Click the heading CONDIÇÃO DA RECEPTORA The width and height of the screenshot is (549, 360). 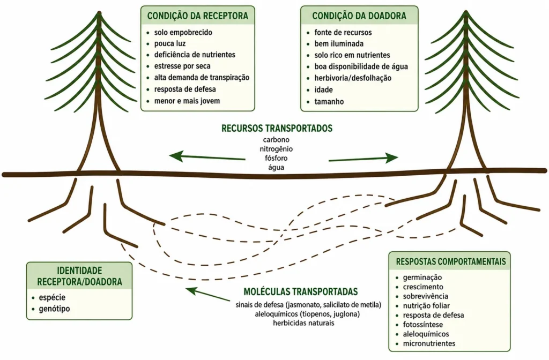197,16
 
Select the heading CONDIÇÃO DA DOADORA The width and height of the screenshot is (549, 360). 359,16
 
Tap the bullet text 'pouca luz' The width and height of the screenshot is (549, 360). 170,44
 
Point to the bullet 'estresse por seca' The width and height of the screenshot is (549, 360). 182,66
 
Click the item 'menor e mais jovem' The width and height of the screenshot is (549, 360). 187,101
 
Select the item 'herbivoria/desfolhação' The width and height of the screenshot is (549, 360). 353,78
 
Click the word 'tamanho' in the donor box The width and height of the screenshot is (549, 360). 329,102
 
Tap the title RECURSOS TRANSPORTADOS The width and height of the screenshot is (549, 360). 277,129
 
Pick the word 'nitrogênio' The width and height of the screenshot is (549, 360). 276,149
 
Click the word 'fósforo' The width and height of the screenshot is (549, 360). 276,158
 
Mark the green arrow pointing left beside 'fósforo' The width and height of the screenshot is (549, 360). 207,157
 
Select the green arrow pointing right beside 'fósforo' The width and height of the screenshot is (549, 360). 363,158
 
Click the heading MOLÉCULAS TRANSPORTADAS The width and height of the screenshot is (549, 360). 301,292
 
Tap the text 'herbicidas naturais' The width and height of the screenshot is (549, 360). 303,323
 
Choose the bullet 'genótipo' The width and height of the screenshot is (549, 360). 54,309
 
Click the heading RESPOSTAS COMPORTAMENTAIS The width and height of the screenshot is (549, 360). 451,261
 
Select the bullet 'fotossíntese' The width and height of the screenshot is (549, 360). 423,325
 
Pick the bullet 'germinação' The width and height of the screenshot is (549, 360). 422,278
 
